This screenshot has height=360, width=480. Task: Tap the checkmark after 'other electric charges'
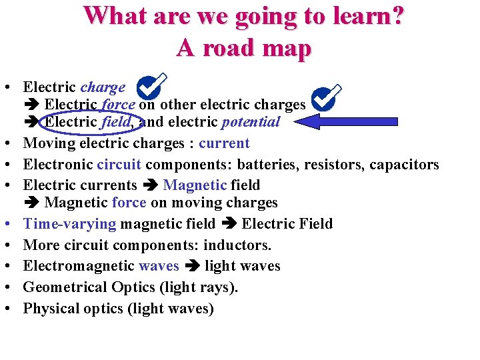coord(327,98)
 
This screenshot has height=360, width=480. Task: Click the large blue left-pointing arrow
coord(347,121)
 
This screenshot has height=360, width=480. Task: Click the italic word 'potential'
coord(251,122)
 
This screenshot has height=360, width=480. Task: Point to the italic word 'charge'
coord(103,87)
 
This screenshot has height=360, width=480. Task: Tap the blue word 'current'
coord(224,143)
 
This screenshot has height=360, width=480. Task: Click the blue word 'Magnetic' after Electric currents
coord(195,185)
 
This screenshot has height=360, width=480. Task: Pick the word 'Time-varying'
coord(69,224)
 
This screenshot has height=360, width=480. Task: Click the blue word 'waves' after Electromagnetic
coord(159,266)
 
